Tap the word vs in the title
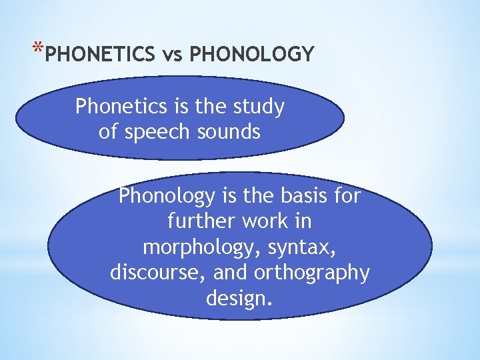[x=173, y=54]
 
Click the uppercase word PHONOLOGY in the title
[x=251, y=54]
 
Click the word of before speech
[x=108, y=132]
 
